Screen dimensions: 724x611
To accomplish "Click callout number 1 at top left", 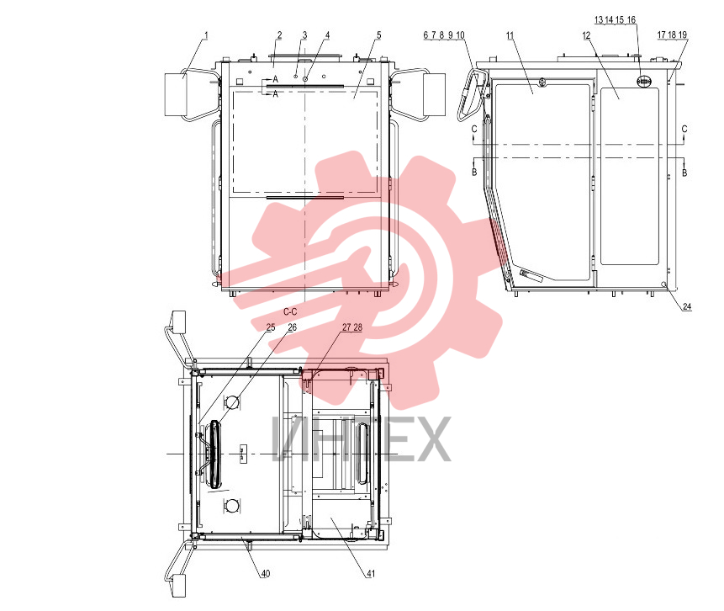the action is (206, 35).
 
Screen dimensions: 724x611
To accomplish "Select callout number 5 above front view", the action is (378, 35).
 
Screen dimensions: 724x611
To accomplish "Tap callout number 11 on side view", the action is (510, 35).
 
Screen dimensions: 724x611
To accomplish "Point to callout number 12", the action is (586, 35).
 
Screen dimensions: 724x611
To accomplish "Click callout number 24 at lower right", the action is (687, 306).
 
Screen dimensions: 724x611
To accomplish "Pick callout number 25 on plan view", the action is (271, 327).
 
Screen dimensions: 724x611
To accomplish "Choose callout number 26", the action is (293, 327).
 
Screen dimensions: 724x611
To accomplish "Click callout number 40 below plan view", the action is (266, 574).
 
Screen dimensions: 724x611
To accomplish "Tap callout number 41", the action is (371, 574).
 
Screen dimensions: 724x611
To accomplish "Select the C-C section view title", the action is (290, 312).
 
